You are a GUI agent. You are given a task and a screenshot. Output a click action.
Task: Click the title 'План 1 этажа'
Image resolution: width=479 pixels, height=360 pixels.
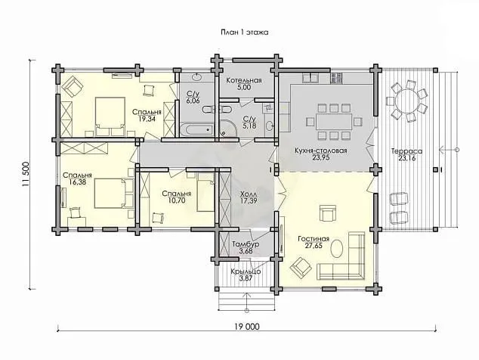244,32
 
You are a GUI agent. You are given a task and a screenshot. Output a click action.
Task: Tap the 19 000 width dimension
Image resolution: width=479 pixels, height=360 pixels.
247,327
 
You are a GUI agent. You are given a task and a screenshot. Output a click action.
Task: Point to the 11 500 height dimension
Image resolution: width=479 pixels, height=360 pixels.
26,174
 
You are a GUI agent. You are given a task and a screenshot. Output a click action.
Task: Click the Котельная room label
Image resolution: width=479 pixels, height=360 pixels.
244,80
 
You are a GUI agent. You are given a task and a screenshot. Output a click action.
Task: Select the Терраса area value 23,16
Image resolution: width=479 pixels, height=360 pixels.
406,158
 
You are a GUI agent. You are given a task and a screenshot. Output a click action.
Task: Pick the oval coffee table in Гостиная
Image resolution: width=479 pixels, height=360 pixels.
338,249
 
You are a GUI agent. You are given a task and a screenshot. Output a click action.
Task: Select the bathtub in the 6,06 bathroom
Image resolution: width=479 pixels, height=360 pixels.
196,129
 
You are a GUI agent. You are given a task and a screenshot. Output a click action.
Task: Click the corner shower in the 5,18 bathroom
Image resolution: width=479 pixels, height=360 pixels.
229,129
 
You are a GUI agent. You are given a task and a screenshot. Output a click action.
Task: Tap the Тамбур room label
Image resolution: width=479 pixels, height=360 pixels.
246,244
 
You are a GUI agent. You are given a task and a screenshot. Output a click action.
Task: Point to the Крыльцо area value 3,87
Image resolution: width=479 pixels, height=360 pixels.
246,278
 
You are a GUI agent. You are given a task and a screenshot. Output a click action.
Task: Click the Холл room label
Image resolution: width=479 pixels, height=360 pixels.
249,194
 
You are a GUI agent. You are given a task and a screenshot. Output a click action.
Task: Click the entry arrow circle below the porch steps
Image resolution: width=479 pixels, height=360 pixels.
246,311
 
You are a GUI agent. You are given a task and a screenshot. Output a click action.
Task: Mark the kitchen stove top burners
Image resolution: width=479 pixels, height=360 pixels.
336,79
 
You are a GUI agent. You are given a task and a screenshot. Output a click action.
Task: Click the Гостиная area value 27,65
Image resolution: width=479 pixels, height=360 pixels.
314,246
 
